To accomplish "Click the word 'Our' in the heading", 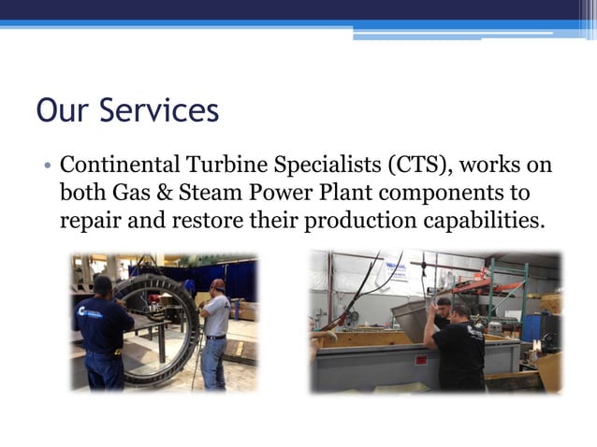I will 64,111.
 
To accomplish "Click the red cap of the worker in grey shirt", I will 218,283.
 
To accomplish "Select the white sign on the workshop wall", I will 396,270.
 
